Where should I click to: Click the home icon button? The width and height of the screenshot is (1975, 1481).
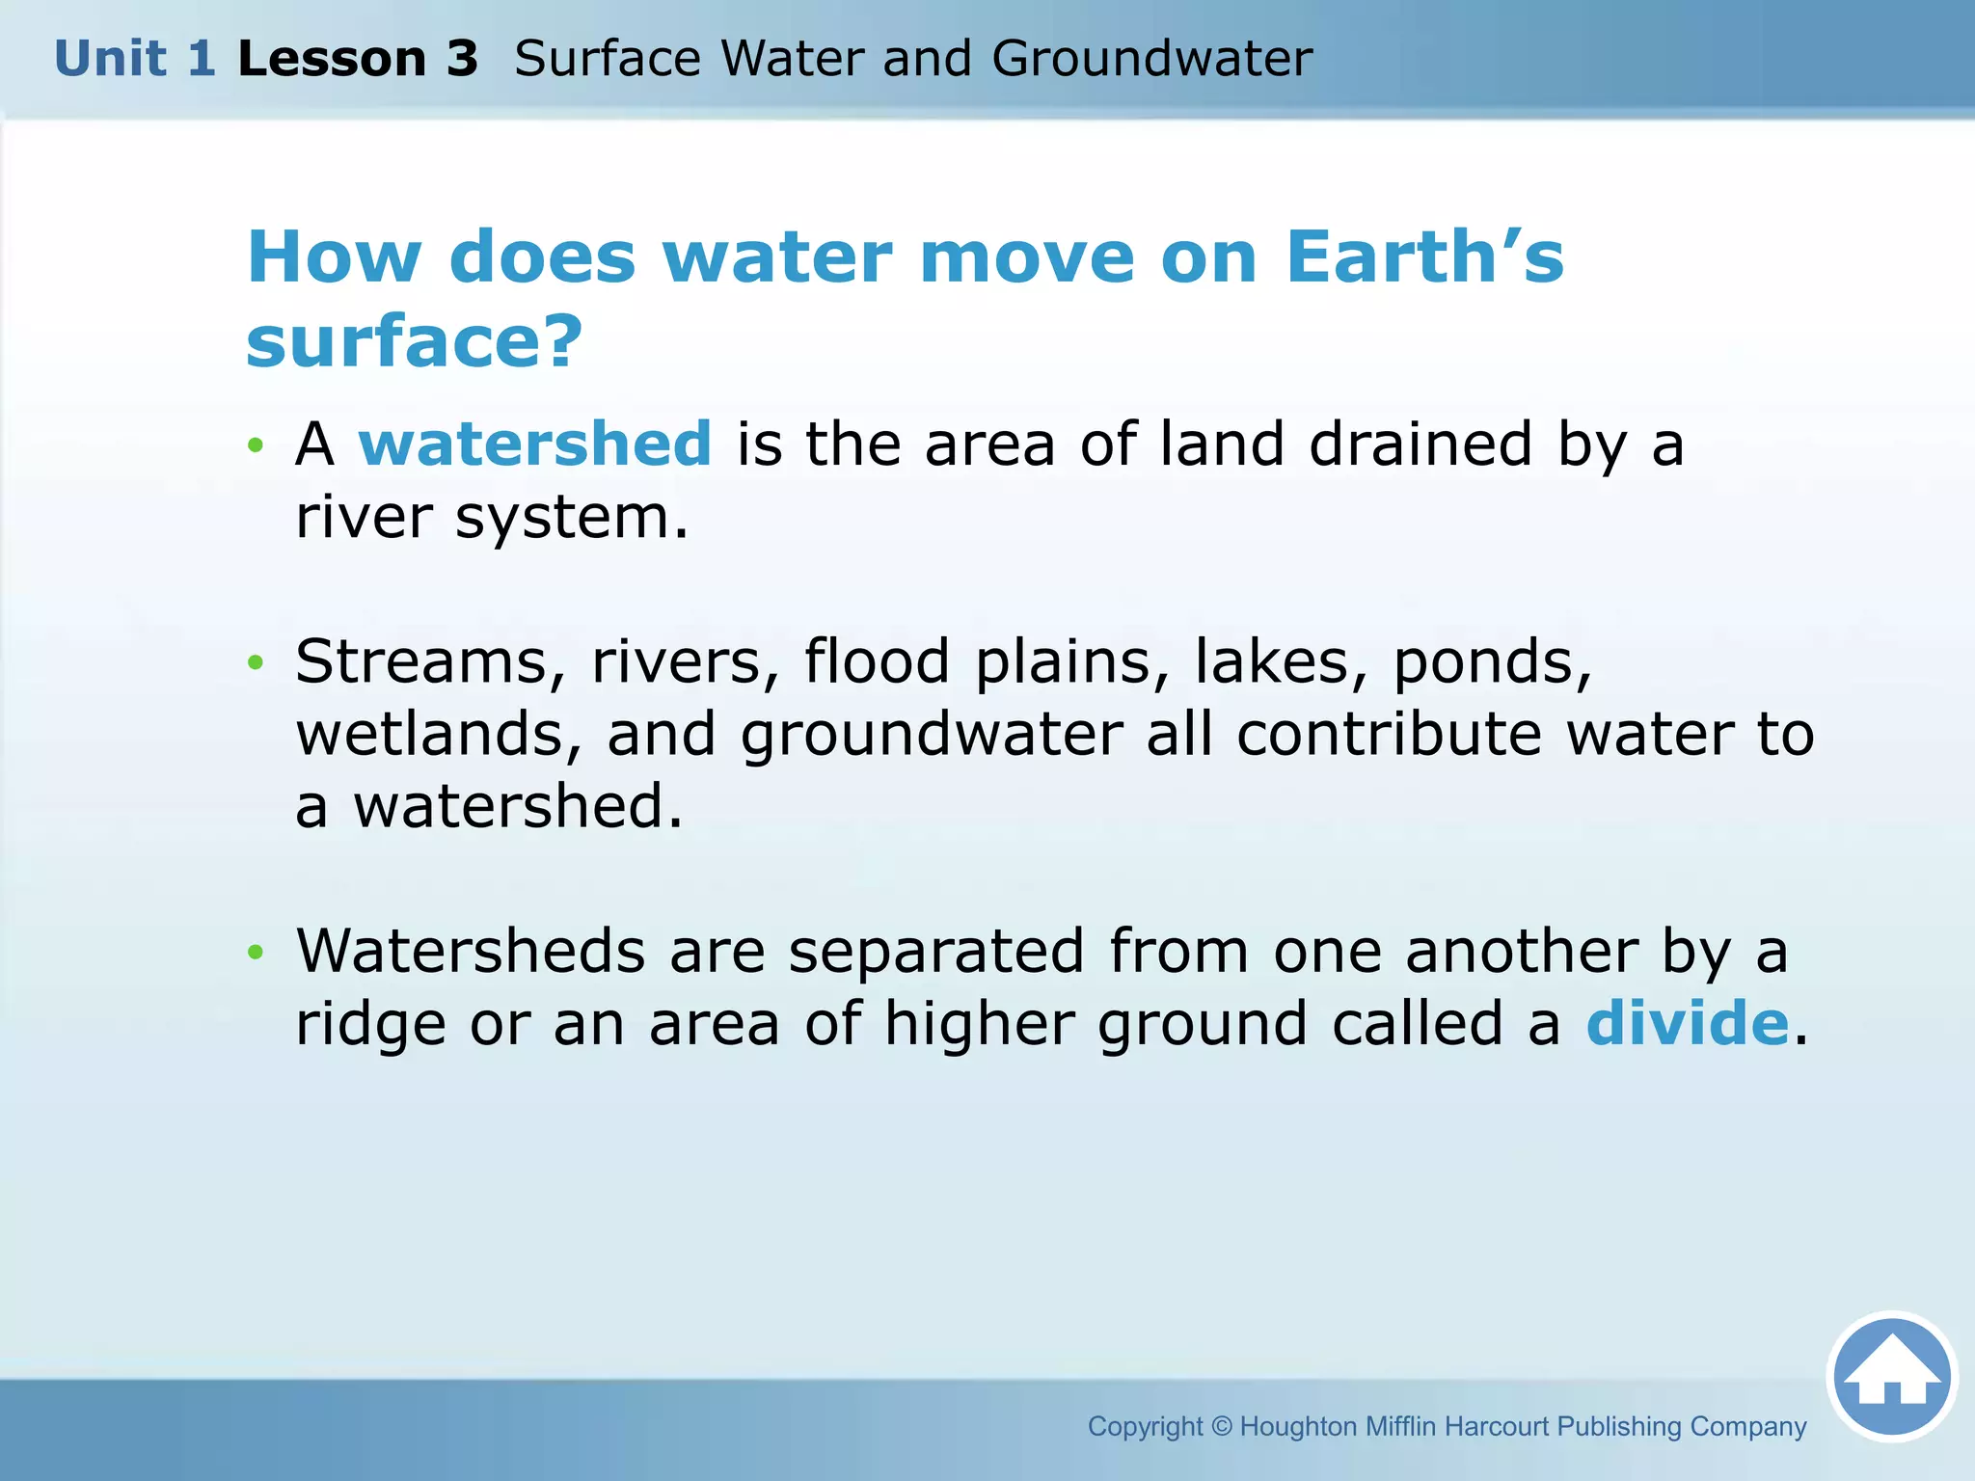(x=1891, y=1377)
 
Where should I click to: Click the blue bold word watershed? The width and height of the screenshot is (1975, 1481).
(x=535, y=444)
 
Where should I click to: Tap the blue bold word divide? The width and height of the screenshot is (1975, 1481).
(x=1688, y=1023)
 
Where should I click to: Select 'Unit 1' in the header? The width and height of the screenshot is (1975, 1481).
(x=134, y=59)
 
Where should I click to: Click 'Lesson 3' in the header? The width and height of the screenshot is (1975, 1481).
(x=358, y=59)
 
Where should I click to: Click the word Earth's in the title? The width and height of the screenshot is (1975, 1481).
(x=1424, y=257)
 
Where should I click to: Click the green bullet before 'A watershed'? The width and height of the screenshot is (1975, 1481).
(x=255, y=445)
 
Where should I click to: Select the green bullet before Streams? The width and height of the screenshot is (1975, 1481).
(x=255, y=662)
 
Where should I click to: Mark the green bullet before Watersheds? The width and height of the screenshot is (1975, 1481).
(x=255, y=953)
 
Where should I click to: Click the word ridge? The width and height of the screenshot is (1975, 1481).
(x=370, y=1025)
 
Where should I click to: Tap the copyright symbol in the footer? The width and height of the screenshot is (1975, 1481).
(x=1222, y=1426)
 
